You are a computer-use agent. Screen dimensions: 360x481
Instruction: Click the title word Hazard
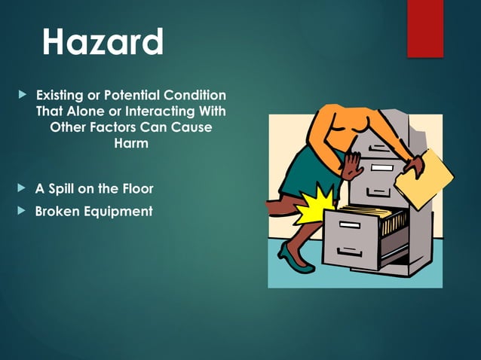coord(103,43)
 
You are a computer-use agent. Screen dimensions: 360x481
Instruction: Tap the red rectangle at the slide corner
coord(425,28)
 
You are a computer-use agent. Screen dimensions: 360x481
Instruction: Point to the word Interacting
coord(161,112)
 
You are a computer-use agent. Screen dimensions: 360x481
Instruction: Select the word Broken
coord(59,211)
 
